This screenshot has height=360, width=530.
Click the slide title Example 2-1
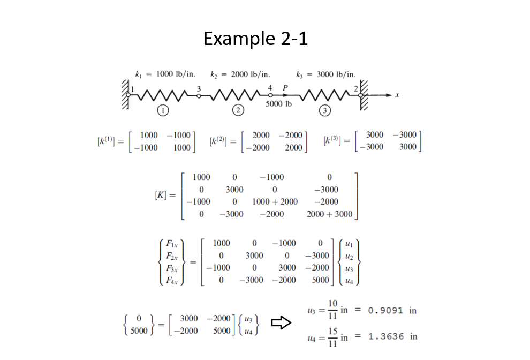point(255,39)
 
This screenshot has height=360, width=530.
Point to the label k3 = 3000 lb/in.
point(325,74)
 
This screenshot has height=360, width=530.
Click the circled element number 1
point(163,110)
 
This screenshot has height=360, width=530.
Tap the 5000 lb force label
point(278,103)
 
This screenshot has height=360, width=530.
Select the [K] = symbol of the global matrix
point(164,196)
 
